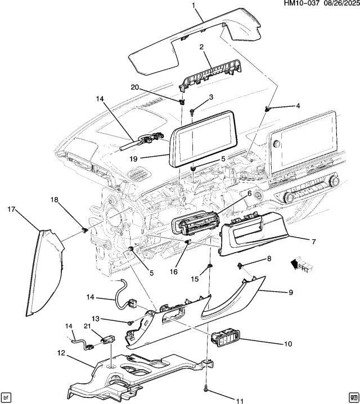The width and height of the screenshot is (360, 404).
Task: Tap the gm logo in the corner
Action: coord(352,396)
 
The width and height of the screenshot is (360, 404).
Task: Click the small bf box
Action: coord(7,396)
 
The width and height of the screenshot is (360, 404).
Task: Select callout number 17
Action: coord(11,210)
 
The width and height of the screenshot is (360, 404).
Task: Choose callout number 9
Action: coord(290,292)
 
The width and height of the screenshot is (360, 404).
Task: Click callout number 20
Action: coord(134,87)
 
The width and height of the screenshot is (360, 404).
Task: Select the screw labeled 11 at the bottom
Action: coord(208,388)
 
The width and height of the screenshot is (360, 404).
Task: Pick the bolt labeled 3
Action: coord(192,111)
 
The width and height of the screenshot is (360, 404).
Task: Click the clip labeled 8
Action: coord(241,264)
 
